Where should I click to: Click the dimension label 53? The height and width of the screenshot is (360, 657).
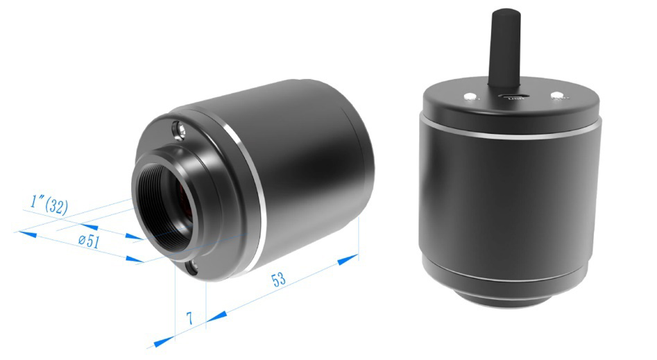click(278, 280)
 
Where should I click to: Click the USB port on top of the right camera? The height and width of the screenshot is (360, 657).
click(514, 97)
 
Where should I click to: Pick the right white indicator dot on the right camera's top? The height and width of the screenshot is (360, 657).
click(556, 95)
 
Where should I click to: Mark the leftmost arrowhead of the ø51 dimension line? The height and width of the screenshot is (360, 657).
click(27, 234)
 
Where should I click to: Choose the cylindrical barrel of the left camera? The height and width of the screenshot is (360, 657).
click(312, 160)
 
